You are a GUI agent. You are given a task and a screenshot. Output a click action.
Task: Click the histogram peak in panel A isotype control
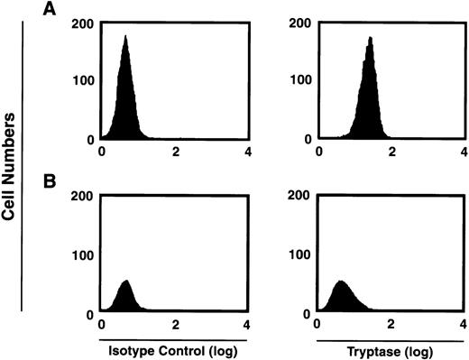click(125, 38)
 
